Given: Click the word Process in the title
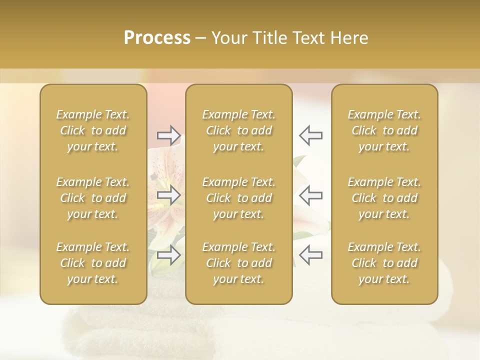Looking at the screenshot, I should point(157,38).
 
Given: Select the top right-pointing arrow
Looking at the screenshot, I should point(168,135).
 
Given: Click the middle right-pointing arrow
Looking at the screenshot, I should point(168,195).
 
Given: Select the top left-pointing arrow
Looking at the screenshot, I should point(310,135).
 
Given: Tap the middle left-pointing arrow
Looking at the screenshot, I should point(310,195).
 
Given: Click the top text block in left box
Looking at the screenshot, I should point(93,130).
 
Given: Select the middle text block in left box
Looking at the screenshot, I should point(93,198).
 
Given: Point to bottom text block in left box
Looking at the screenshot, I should point(93,263).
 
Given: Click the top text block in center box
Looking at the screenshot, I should point(238,130).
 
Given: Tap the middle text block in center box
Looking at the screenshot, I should point(238,198).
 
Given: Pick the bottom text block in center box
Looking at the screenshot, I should point(238,263).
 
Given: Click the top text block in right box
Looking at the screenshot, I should point(384,130).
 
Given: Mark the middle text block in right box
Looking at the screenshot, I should point(384,198).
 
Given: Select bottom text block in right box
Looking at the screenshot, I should point(384,263).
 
